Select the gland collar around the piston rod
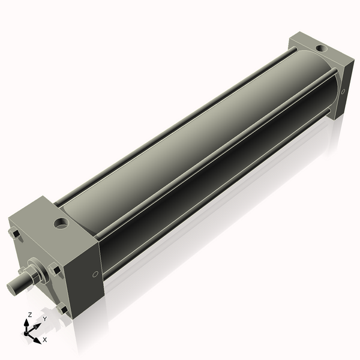tap(38, 273)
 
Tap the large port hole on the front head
tap(61, 224)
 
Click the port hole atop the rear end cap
tap(322, 47)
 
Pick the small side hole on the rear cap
tap(343, 92)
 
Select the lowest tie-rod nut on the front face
tap(62, 309)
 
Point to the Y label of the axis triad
tap(44, 319)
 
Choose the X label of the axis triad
tap(45, 340)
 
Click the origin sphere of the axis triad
tap(28, 332)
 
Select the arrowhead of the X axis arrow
tap(37, 339)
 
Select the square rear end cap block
tap(318, 72)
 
